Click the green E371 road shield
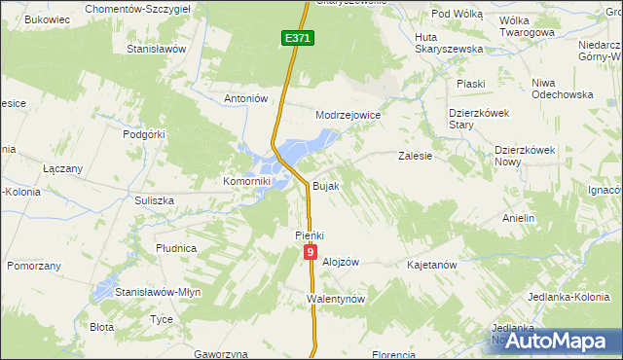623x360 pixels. [298, 38]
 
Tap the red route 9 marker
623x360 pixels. [310, 252]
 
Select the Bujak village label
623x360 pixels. [325, 185]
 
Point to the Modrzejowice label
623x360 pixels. [348, 115]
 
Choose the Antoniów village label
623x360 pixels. [245, 98]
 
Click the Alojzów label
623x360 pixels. [341, 263]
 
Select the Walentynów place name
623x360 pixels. [335, 299]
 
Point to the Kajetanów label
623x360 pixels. [432, 264]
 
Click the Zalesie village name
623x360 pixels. [415, 155]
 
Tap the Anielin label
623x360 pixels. [519, 218]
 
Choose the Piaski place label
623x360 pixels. [471, 84]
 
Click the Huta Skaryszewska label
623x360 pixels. [449, 42]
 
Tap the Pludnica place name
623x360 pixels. [176, 248]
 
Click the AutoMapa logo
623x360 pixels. [559, 340]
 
